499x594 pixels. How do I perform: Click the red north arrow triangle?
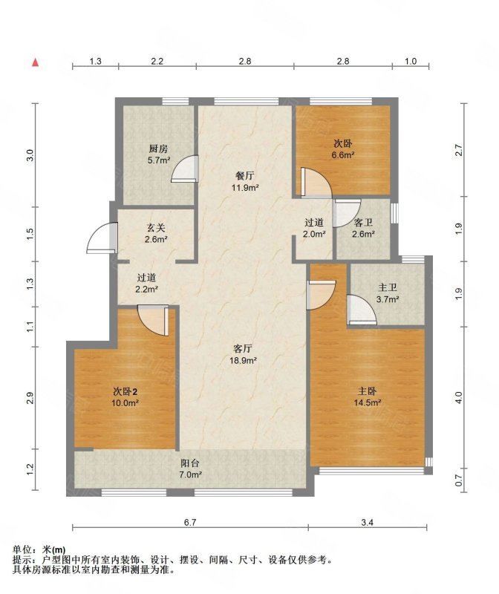(x=35, y=62)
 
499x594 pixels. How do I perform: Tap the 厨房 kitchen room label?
(x=159, y=154)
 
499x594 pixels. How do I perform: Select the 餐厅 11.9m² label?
(x=245, y=181)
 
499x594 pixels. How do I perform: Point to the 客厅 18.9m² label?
(x=244, y=355)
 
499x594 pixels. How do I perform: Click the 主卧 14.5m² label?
(x=367, y=396)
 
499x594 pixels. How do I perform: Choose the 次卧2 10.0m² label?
(x=125, y=396)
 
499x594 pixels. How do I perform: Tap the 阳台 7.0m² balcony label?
(x=190, y=469)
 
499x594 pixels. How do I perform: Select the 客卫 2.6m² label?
(x=363, y=229)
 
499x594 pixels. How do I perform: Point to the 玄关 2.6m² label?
(x=156, y=234)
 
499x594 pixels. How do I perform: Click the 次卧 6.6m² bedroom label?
(x=343, y=149)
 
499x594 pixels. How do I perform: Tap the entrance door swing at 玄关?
(x=102, y=238)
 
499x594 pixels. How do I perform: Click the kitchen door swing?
(x=185, y=169)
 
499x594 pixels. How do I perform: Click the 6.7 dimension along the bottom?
(x=190, y=523)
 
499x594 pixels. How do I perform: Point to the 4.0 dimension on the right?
(x=459, y=397)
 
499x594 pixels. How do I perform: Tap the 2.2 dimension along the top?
(x=157, y=61)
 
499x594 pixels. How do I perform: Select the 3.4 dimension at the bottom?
(x=367, y=523)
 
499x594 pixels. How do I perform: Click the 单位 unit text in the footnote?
(x=22, y=549)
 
